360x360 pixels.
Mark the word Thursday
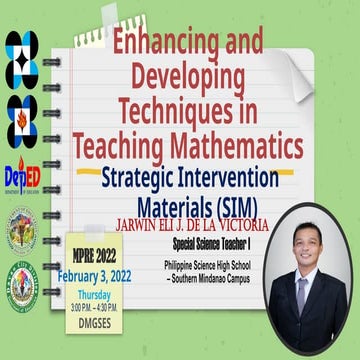click(x=98, y=296)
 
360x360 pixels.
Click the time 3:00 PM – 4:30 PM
click(x=98, y=308)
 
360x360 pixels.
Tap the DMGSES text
click(x=98, y=323)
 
